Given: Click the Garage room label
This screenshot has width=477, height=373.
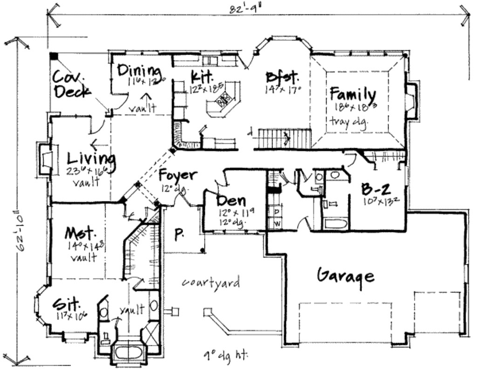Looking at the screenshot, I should [345, 276].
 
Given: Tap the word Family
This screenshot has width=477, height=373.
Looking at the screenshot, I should [353, 94].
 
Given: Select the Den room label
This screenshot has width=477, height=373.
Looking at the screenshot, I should [232, 201].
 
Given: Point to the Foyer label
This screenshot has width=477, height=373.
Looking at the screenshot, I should [177, 175].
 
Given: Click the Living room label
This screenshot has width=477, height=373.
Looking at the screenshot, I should [91, 159].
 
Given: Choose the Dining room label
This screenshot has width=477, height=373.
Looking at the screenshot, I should [138, 70].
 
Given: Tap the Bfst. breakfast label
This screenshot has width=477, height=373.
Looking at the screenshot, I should [282, 76].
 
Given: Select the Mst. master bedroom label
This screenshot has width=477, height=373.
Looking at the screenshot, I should [80, 233].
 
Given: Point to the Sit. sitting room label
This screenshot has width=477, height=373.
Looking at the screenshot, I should [66, 304].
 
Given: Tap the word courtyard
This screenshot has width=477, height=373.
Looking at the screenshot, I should [211, 282].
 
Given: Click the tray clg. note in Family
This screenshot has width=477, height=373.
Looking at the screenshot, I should [349, 121].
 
